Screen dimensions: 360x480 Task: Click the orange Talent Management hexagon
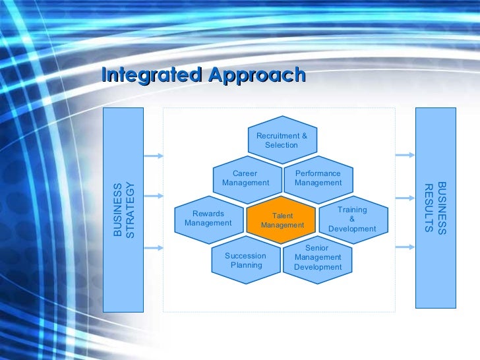(x=282, y=220)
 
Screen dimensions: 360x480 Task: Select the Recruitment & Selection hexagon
(x=282, y=140)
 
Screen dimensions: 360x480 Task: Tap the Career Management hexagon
(x=245, y=178)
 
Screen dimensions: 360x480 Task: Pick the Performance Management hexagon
(x=318, y=178)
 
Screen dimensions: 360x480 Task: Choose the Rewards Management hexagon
(x=208, y=218)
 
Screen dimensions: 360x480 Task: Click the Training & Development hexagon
(x=352, y=219)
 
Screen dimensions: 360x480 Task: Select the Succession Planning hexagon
(x=246, y=260)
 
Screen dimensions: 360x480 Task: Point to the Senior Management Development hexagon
(x=318, y=258)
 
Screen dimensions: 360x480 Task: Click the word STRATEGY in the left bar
(x=130, y=210)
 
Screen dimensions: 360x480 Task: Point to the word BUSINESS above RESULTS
(x=442, y=208)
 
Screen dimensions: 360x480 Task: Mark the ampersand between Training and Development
(x=352, y=219)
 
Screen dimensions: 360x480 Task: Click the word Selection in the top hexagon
(x=282, y=145)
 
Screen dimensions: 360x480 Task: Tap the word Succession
(x=245, y=256)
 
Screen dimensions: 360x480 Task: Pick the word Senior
(x=318, y=248)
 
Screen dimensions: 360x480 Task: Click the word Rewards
(x=208, y=214)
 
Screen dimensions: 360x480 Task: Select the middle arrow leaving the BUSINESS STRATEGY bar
(x=153, y=196)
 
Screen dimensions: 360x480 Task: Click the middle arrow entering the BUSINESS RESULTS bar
(x=405, y=196)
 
